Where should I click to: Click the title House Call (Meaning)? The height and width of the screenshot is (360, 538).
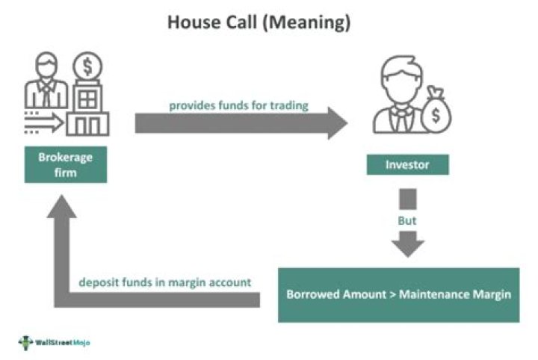259,23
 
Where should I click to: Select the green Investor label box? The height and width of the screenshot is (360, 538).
408,165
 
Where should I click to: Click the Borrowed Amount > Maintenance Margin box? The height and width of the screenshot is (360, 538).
398,294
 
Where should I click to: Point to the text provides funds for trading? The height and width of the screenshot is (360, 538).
238,105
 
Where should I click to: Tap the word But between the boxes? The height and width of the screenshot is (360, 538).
407,222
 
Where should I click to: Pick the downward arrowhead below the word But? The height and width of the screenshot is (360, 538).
407,247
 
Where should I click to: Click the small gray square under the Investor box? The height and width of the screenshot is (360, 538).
407,199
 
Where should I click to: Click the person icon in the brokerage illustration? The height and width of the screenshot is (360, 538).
47,83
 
